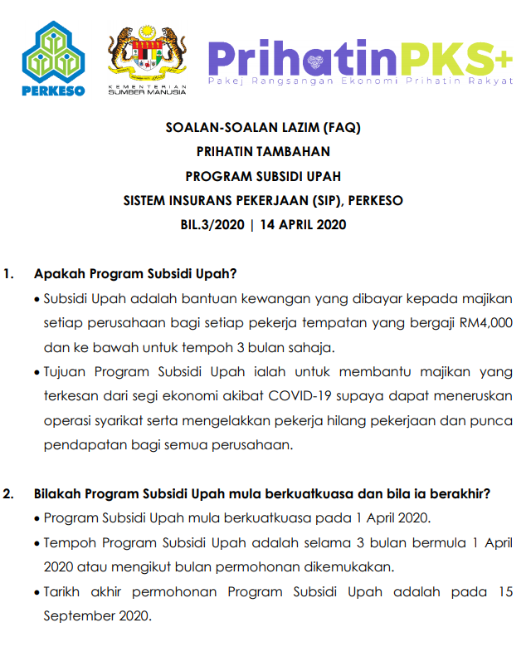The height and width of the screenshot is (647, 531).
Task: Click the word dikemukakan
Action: (351, 567)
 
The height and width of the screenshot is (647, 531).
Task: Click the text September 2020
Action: (96, 616)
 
